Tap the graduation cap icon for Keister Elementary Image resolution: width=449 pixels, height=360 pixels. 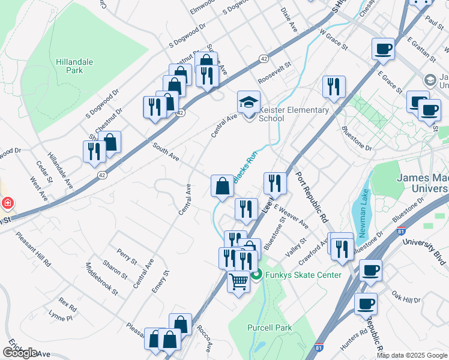coord(249,101)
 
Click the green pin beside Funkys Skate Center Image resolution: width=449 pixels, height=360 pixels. coord(256,275)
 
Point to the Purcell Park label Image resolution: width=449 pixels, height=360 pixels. coord(269,328)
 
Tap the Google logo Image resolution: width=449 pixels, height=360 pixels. coord(20,353)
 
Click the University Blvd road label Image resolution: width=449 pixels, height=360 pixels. coord(425,251)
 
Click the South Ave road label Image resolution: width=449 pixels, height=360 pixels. coord(166,152)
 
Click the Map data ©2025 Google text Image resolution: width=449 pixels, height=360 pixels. coord(412,355)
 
